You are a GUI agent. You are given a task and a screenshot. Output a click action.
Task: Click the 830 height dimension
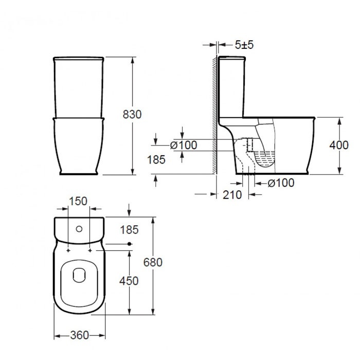(x=132, y=114)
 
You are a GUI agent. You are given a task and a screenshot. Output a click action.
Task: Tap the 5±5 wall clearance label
(x=244, y=45)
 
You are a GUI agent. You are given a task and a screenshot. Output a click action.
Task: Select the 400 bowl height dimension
(x=339, y=145)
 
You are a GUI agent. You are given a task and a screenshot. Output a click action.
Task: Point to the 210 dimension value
(x=232, y=195)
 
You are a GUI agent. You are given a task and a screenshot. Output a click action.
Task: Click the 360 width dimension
(x=79, y=335)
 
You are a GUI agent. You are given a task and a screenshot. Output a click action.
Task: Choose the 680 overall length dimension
(x=153, y=262)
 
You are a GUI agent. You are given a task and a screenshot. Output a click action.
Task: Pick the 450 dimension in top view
(x=129, y=281)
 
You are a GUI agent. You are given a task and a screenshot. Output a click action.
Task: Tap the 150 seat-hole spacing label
(x=78, y=201)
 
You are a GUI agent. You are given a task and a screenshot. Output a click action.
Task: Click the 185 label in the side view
(x=156, y=159)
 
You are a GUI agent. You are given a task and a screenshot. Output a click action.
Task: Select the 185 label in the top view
(x=129, y=230)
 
